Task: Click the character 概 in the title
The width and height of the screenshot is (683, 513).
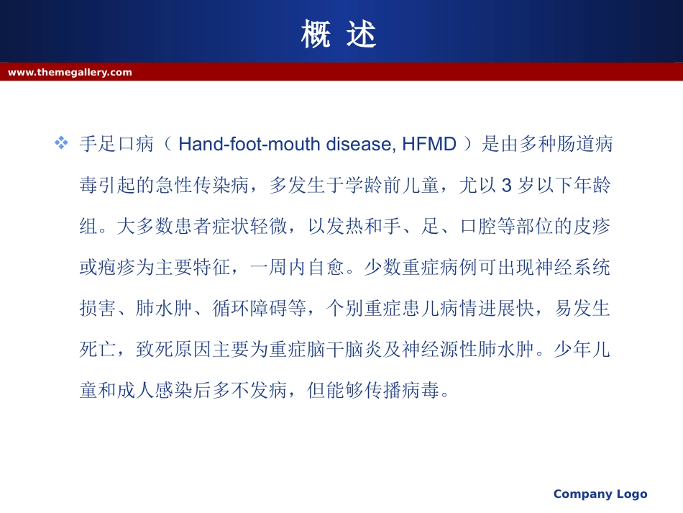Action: pyautogui.click(x=316, y=34)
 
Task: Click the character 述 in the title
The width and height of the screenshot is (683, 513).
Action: pyautogui.click(x=361, y=34)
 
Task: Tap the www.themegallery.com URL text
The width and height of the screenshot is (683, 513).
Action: pyautogui.click(x=70, y=73)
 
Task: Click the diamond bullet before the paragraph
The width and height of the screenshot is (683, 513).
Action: pyautogui.click(x=61, y=142)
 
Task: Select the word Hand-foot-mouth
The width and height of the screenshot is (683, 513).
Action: pyautogui.click(x=249, y=144)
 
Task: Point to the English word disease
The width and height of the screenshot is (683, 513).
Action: pyautogui.click(x=361, y=144)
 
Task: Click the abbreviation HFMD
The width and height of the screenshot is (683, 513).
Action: pyautogui.click(x=429, y=144)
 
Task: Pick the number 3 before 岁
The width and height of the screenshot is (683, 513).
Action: pyautogui.click(x=506, y=185)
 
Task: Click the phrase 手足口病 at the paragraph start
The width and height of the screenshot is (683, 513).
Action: pyautogui.click(x=116, y=144)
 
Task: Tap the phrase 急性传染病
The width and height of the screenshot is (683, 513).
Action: pyautogui.click(x=203, y=185)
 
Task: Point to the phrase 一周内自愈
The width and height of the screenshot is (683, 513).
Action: pyautogui.click(x=298, y=267)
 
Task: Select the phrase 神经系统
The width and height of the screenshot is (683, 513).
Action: pyautogui.click(x=572, y=267)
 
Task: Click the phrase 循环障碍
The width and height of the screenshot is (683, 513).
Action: pyautogui.click(x=250, y=308)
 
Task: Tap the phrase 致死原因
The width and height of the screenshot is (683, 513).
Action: pyautogui.click(x=174, y=349)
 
